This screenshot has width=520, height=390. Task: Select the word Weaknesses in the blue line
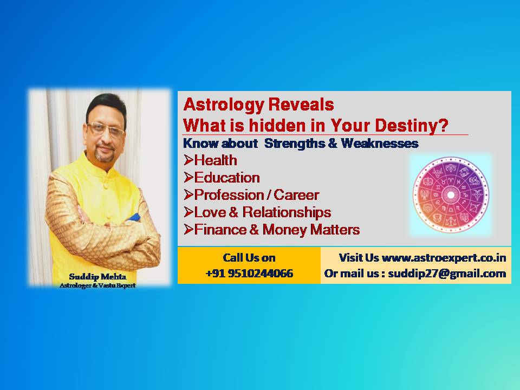click(x=380, y=143)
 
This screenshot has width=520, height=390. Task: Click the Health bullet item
click(x=211, y=160)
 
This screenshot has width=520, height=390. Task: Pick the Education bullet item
click(x=222, y=178)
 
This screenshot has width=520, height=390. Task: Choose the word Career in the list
click(x=296, y=194)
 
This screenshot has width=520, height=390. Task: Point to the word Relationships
click(x=287, y=212)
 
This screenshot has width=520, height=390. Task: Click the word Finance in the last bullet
click(x=220, y=230)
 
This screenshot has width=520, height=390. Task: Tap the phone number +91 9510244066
click(x=249, y=273)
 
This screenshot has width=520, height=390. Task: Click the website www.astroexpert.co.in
click(x=444, y=258)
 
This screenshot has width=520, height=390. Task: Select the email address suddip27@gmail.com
click(x=447, y=273)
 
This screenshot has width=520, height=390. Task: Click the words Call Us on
click(x=249, y=258)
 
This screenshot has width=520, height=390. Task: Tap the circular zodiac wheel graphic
click(x=451, y=194)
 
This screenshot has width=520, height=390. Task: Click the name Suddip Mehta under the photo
click(x=97, y=277)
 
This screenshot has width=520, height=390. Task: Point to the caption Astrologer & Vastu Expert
click(x=97, y=285)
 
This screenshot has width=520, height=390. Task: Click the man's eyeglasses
click(x=106, y=129)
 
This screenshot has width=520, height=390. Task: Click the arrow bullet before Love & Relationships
click(x=188, y=212)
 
